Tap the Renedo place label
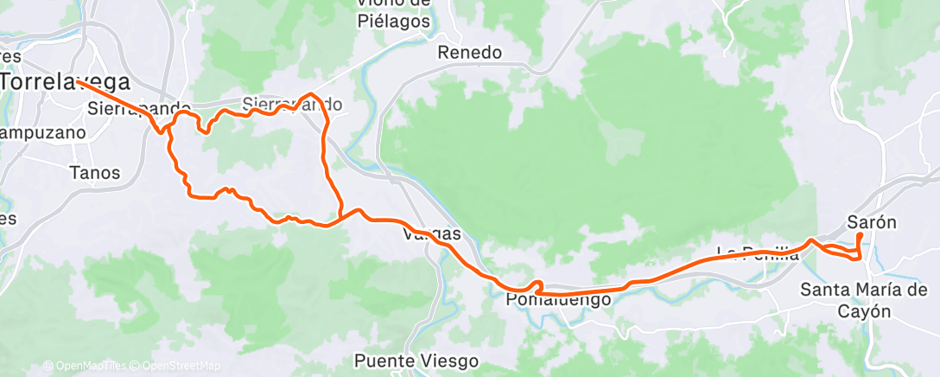(x=469, y=53)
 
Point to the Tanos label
(x=95, y=173)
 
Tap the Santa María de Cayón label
(x=864, y=300)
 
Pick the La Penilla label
(x=758, y=253)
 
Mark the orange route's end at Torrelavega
(x=77, y=81)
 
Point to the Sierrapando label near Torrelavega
(x=138, y=109)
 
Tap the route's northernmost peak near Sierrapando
(x=309, y=93)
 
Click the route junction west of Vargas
(x=342, y=216)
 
